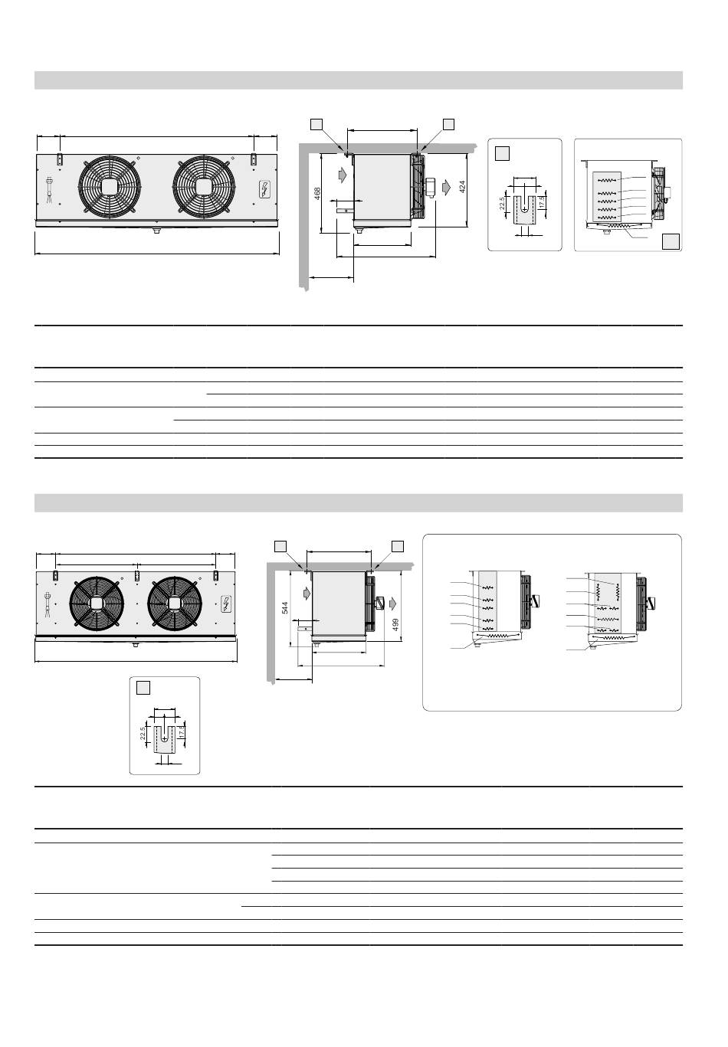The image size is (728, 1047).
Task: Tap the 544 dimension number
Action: point(284,607)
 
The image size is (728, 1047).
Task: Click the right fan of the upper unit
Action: point(204,187)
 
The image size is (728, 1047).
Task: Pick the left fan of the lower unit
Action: point(97,603)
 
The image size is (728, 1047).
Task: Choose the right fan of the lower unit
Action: point(176,603)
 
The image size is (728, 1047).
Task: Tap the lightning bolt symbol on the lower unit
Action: point(227,604)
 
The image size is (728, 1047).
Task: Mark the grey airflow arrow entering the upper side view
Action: point(342,175)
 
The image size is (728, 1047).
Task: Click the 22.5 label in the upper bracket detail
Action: point(502,205)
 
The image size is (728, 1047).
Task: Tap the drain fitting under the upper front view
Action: point(156,229)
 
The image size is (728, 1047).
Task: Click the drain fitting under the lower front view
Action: point(136,645)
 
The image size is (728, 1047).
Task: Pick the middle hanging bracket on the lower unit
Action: point(136,574)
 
